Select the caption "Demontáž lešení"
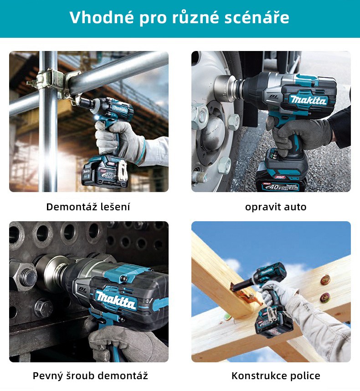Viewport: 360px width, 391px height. click(88, 207)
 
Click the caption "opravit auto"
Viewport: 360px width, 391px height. click(276, 207)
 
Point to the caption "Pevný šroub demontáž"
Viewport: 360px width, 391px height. click(90, 376)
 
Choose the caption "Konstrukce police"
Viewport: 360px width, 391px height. click(276, 376)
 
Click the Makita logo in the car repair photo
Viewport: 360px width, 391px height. click(309, 100)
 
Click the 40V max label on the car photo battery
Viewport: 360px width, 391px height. click(279, 187)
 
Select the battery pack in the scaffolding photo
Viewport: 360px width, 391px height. click(105, 170)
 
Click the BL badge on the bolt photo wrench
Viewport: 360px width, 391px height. click(82, 290)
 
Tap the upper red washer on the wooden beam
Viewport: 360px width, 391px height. click(325, 280)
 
